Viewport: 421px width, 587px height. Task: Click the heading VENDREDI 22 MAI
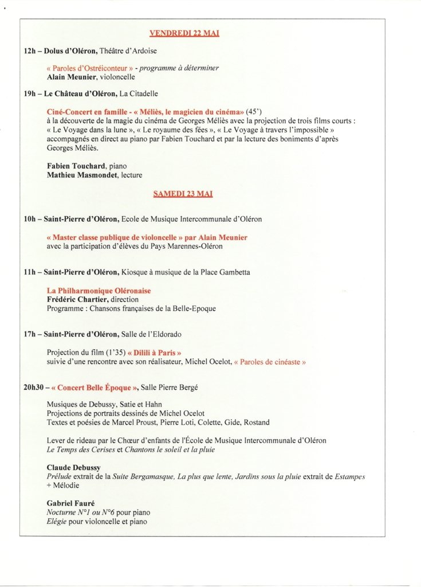[184, 34]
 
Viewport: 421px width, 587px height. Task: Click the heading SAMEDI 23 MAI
[183, 194]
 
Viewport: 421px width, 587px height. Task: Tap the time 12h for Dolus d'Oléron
[30, 51]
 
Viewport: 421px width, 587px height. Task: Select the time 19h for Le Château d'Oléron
[30, 92]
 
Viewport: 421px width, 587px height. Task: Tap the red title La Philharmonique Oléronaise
[99, 291]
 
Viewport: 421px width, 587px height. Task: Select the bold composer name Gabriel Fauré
[70, 503]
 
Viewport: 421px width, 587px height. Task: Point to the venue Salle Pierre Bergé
[169, 388]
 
